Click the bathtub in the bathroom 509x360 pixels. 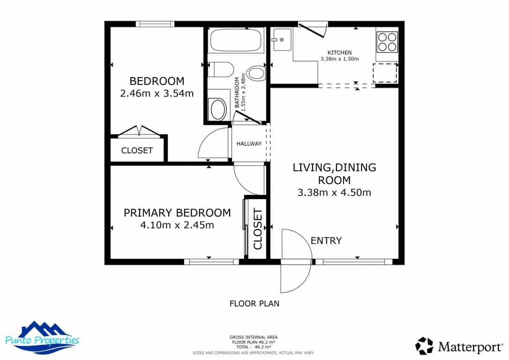point(235,41)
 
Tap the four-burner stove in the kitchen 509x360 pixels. point(387,41)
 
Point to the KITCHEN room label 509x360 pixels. point(339,52)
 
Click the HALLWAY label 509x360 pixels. point(249,143)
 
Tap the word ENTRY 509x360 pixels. point(326,241)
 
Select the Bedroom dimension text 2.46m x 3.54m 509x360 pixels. point(157,93)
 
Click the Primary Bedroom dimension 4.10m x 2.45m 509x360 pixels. point(177,225)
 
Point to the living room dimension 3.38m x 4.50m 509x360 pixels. point(334,192)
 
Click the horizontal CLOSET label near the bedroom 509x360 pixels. point(137,150)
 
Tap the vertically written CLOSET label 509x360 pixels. point(257,229)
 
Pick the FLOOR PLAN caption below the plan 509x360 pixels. point(254,303)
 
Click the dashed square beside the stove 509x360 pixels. point(385,73)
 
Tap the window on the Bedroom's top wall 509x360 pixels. point(155,24)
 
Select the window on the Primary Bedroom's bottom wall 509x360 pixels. point(211,262)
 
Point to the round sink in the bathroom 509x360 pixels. point(218,109)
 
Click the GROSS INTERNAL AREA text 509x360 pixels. point(254,337)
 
